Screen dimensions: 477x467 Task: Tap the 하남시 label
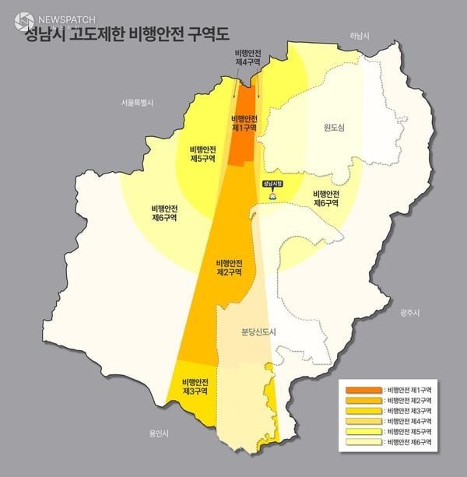tap(359, 36)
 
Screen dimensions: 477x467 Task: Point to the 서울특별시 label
tap(139, 102)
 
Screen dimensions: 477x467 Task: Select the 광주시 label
tap(408, 312)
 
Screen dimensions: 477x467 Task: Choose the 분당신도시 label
tap(260, 331)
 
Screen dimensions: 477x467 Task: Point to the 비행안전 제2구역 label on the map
tap(229, 268)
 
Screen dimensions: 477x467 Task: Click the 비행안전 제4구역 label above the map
tap(248, 57)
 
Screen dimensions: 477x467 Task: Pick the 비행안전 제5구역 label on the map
tap(202, 153)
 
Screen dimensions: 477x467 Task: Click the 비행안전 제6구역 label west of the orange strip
tap(164, 212)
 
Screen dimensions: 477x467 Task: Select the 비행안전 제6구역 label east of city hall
tap(325, 198)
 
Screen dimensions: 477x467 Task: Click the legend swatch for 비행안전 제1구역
tap(362, 388)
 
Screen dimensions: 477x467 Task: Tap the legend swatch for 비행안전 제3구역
tap(362, 410)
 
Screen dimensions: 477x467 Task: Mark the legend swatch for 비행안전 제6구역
tap(362, 442)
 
